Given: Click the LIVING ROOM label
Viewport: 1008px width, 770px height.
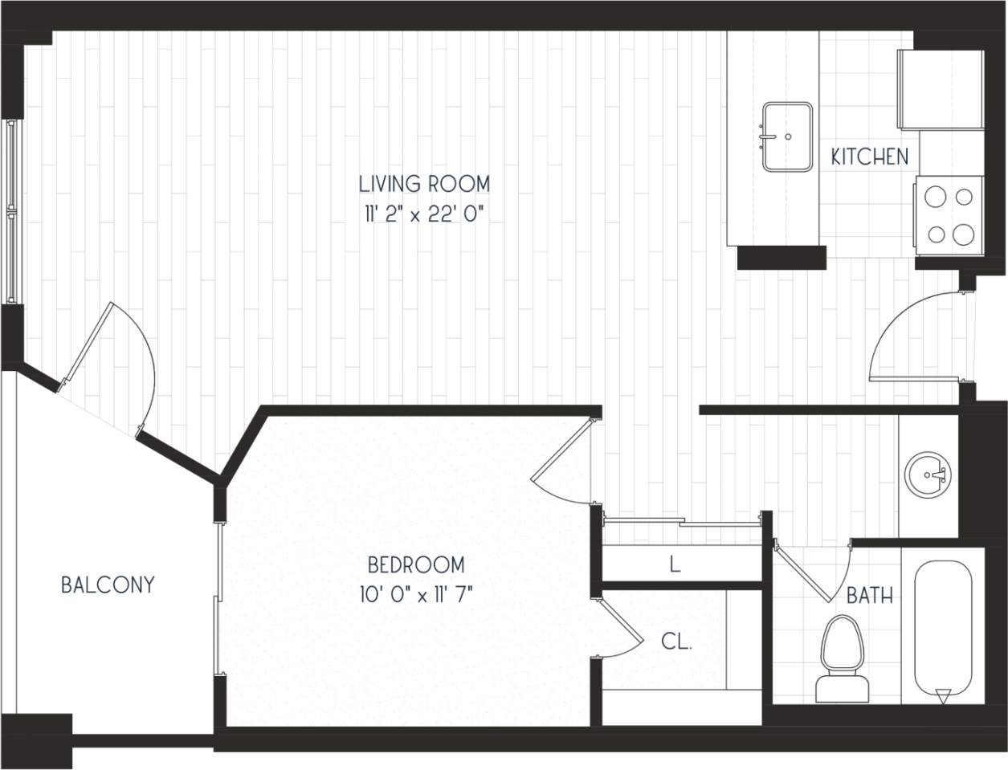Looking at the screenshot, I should point(424,184).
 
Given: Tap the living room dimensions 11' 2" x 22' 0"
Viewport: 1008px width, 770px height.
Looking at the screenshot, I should point(424,215).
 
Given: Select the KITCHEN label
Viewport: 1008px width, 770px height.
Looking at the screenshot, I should point(870,157).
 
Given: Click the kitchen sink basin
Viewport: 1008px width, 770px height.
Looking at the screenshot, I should point(786,136).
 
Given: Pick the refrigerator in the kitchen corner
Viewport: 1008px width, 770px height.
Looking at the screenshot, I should point(941,89).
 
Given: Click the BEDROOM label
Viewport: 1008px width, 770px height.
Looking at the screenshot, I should point(415,565).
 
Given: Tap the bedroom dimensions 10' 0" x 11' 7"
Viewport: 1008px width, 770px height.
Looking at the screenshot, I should point(415,595).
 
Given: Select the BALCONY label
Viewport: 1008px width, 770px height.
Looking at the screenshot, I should point(108,585).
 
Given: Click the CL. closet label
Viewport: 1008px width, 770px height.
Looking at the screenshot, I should point(676,642).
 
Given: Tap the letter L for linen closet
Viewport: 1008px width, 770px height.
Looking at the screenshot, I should point(675,564).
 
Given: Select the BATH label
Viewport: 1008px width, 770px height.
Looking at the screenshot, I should point(870,596).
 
